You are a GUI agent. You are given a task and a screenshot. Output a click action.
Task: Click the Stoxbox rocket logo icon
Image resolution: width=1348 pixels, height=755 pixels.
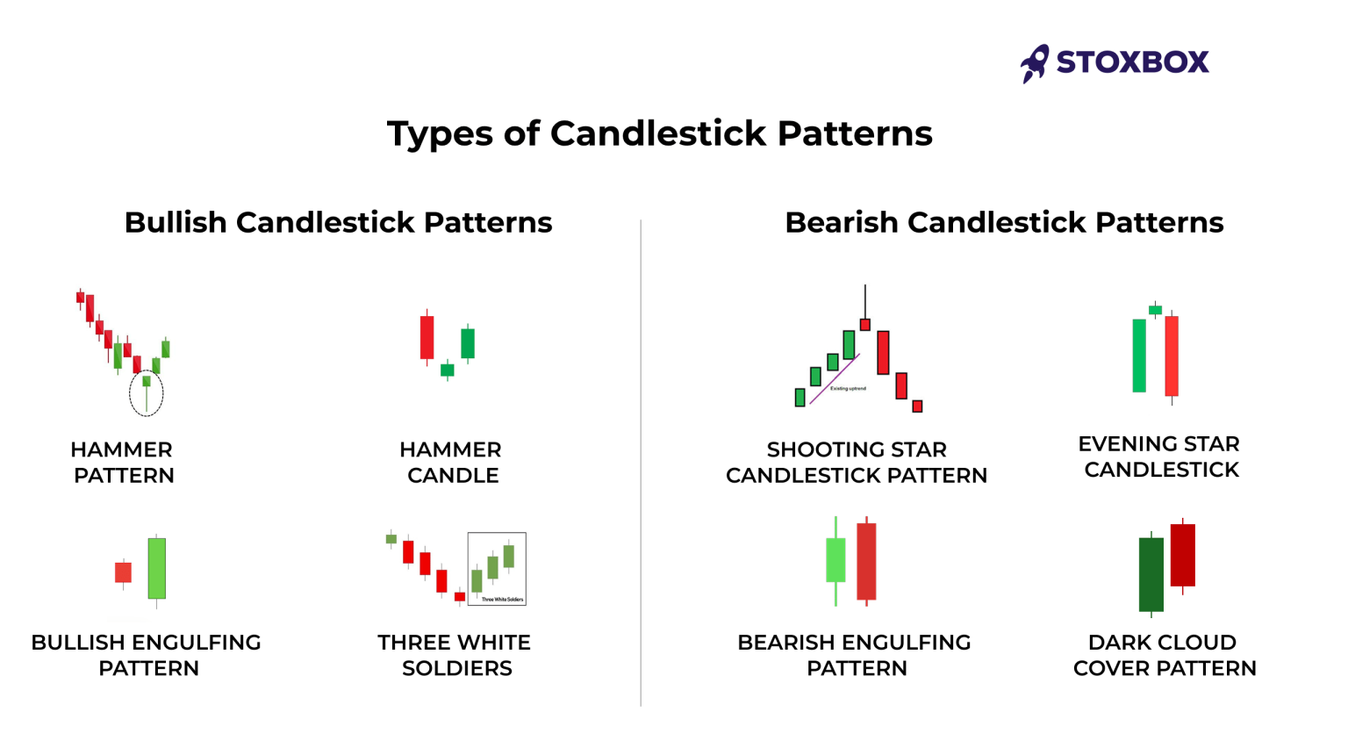click(x=1035, y=63)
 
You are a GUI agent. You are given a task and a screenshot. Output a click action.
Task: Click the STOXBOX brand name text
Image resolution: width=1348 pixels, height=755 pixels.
click(x=1132, y=62)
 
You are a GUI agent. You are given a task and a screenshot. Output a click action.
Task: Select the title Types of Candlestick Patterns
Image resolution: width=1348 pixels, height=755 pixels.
click(x=659, y=133)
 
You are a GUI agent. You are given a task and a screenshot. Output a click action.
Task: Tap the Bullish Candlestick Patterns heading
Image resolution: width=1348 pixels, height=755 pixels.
click(x=338, y=222)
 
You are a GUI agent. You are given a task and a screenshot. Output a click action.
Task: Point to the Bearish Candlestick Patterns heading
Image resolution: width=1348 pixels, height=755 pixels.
click(x=1003, y=222)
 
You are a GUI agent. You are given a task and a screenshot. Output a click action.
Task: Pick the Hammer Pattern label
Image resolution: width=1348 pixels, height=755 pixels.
click(x=123, y=462)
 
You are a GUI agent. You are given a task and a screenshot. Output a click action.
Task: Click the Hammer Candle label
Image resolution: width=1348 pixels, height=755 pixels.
click(x=451, y=462)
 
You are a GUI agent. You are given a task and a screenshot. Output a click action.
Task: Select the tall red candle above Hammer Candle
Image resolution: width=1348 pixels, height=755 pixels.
click(x=427, y=337)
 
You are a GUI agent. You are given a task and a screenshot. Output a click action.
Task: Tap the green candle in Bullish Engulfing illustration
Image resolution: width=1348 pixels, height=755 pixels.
click(x=157, y=568)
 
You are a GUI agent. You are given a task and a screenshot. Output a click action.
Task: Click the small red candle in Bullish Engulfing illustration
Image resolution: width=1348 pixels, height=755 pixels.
click(x=124, y=572)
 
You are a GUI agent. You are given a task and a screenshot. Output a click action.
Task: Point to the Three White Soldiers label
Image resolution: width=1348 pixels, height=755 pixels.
click(x=455, y=655)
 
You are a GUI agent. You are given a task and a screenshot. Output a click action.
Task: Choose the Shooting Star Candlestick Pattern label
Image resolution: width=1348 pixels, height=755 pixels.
click(x=856, y=462)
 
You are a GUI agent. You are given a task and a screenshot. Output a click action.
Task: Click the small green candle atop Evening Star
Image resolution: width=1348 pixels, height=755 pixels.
click(x=1156, y=310)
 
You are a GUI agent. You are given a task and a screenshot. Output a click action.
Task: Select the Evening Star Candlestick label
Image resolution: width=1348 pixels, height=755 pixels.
click(x=1159, y=457)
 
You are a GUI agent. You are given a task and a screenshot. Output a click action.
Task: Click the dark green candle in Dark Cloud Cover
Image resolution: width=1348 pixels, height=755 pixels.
click(x=1151, y=575)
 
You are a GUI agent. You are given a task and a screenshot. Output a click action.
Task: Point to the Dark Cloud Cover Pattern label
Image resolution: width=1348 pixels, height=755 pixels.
click(x=1164, y=655)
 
